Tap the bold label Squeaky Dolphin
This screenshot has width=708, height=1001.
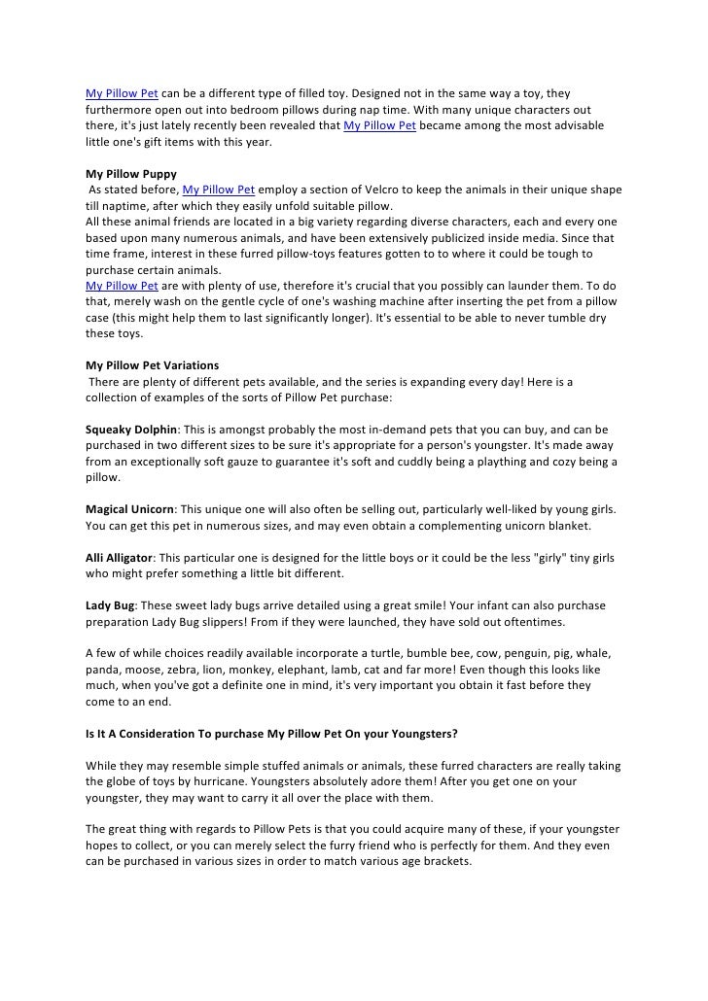(x=131, y=429)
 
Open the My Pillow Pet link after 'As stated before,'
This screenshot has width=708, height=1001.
(x=219, y=190)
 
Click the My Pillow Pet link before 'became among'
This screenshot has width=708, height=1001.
(x=380, y=127)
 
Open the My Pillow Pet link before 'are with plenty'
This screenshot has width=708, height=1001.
(x=122, y=286)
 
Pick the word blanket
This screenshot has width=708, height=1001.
(x=540, y=526)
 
